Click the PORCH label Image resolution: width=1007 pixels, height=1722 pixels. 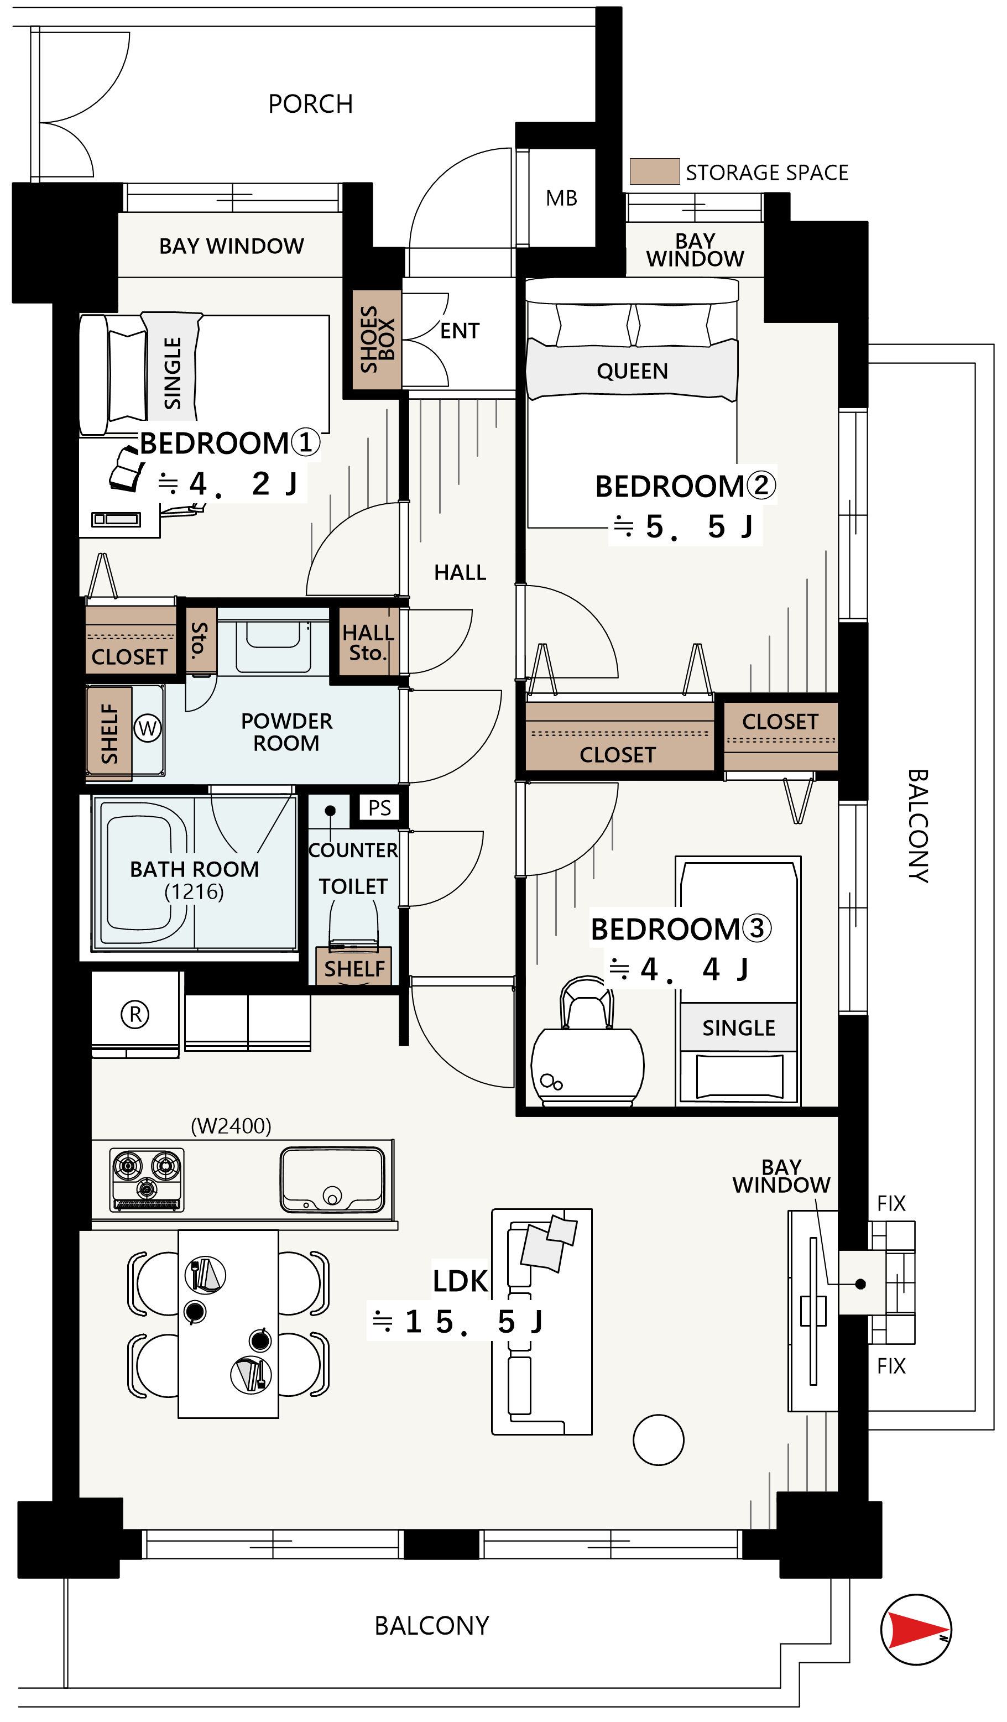pyautogui.click(x=310, y=105)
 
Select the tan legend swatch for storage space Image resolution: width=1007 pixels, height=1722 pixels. pyautogui.click(x=654, y=171)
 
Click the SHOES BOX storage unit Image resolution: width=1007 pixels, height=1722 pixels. pyautogui.click(x=377, y=340)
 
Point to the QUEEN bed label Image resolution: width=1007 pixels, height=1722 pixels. pyautogui.click(x=632, y=371)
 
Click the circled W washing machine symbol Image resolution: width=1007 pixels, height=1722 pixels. pyautogui.click(x=148, y=728)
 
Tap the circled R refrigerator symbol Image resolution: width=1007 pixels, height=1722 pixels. pyautogui.click(x=135, y=1015)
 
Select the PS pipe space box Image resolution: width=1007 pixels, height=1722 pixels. pyautogui.click(x=379, y=808)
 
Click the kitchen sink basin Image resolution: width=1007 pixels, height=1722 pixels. pyautogui.click(x=333, y=1180)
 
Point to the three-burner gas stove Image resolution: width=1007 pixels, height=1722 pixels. pyautogui.click(x=147, y=1180)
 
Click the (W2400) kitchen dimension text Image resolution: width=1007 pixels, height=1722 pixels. pyautogui.click(x=231, y=1125)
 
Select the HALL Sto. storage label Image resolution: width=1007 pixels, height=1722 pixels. pyautogui.click(x=368, y=643)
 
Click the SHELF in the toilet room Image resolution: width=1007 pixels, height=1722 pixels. pyautogui.click(x=354, y=968)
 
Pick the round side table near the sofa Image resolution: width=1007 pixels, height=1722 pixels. pyautogui.click(x=658, y=1440)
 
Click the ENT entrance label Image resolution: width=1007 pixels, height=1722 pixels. pyautogui.click(x=459, y=331)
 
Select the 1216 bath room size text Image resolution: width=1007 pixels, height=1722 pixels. pyautogui.click(x=194, y=892)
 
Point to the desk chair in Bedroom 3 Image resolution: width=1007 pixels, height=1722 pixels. pyautogui.click(x=586, y=1004)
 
